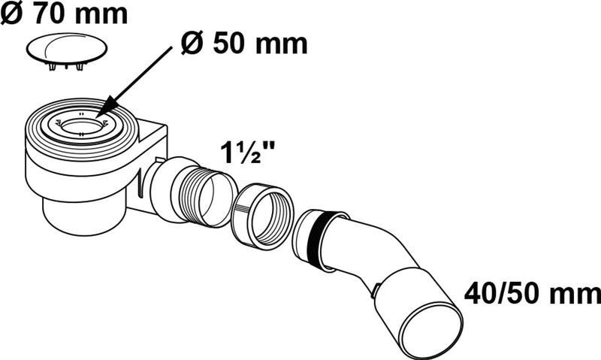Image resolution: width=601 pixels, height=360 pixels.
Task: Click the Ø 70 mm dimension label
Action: point(64,13)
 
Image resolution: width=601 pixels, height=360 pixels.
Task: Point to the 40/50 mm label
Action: point(533,294)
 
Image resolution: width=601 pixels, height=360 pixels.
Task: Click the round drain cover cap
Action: point(67,49)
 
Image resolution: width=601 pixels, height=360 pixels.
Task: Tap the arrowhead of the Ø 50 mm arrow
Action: point(104,107)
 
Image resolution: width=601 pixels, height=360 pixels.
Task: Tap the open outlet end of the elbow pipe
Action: point(433,331)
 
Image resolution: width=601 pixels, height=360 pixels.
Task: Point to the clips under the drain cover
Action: point(65,67)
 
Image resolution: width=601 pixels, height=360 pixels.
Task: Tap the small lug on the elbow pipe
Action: point(376,289)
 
